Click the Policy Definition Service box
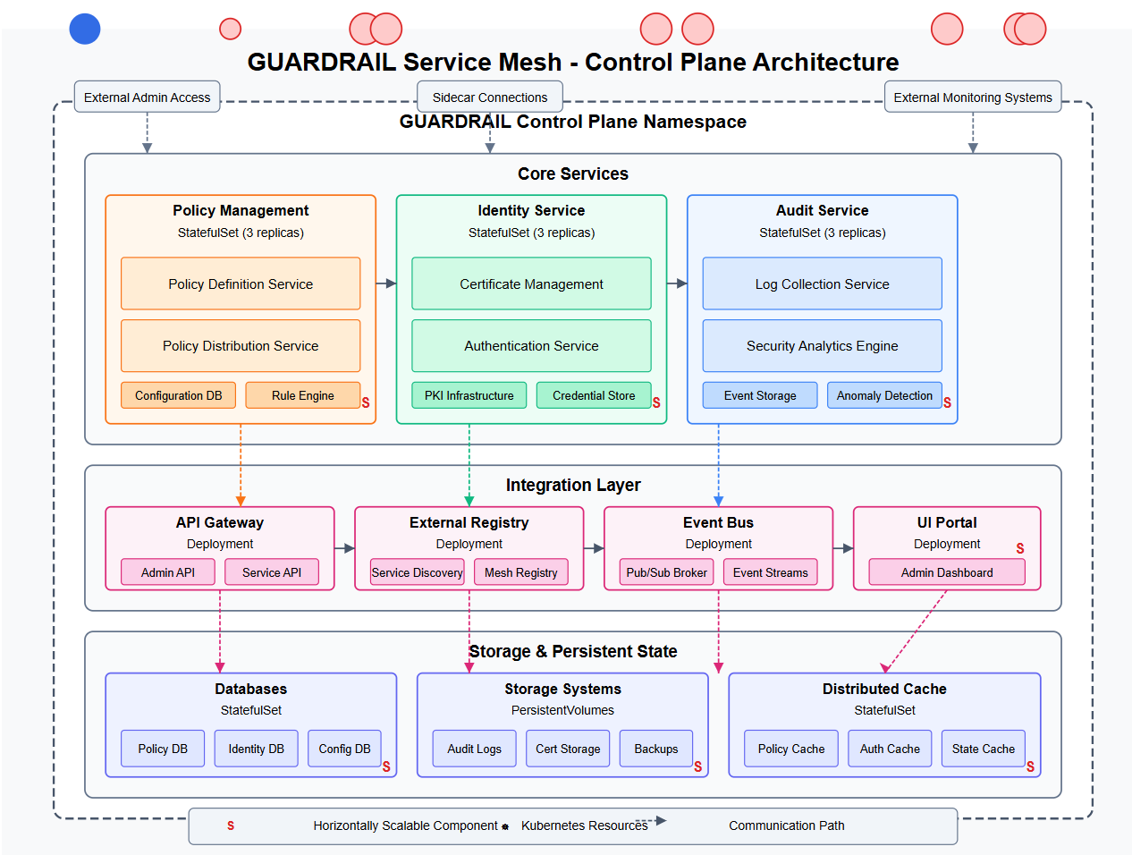coord(241,284)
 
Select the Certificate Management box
coord(531,284)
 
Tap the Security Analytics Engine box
coord(822,346)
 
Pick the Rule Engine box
coord(302,395)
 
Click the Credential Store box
coord(594,395)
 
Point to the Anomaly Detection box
coord(884,395)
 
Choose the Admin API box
coord(168,572)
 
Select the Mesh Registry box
coord(520,572)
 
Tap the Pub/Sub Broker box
coord(666,572)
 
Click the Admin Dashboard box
coord(947,572)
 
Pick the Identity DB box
coord(256,749)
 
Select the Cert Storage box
coord(568,749)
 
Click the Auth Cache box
coord(890,749)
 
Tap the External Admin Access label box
coord(148,97)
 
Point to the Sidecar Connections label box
coord(490,97)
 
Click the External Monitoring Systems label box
coord(973,97)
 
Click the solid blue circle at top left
coord(85,29)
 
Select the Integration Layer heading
coord(573,485)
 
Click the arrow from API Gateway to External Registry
coord(344,548)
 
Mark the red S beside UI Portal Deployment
coord(1019,548)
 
